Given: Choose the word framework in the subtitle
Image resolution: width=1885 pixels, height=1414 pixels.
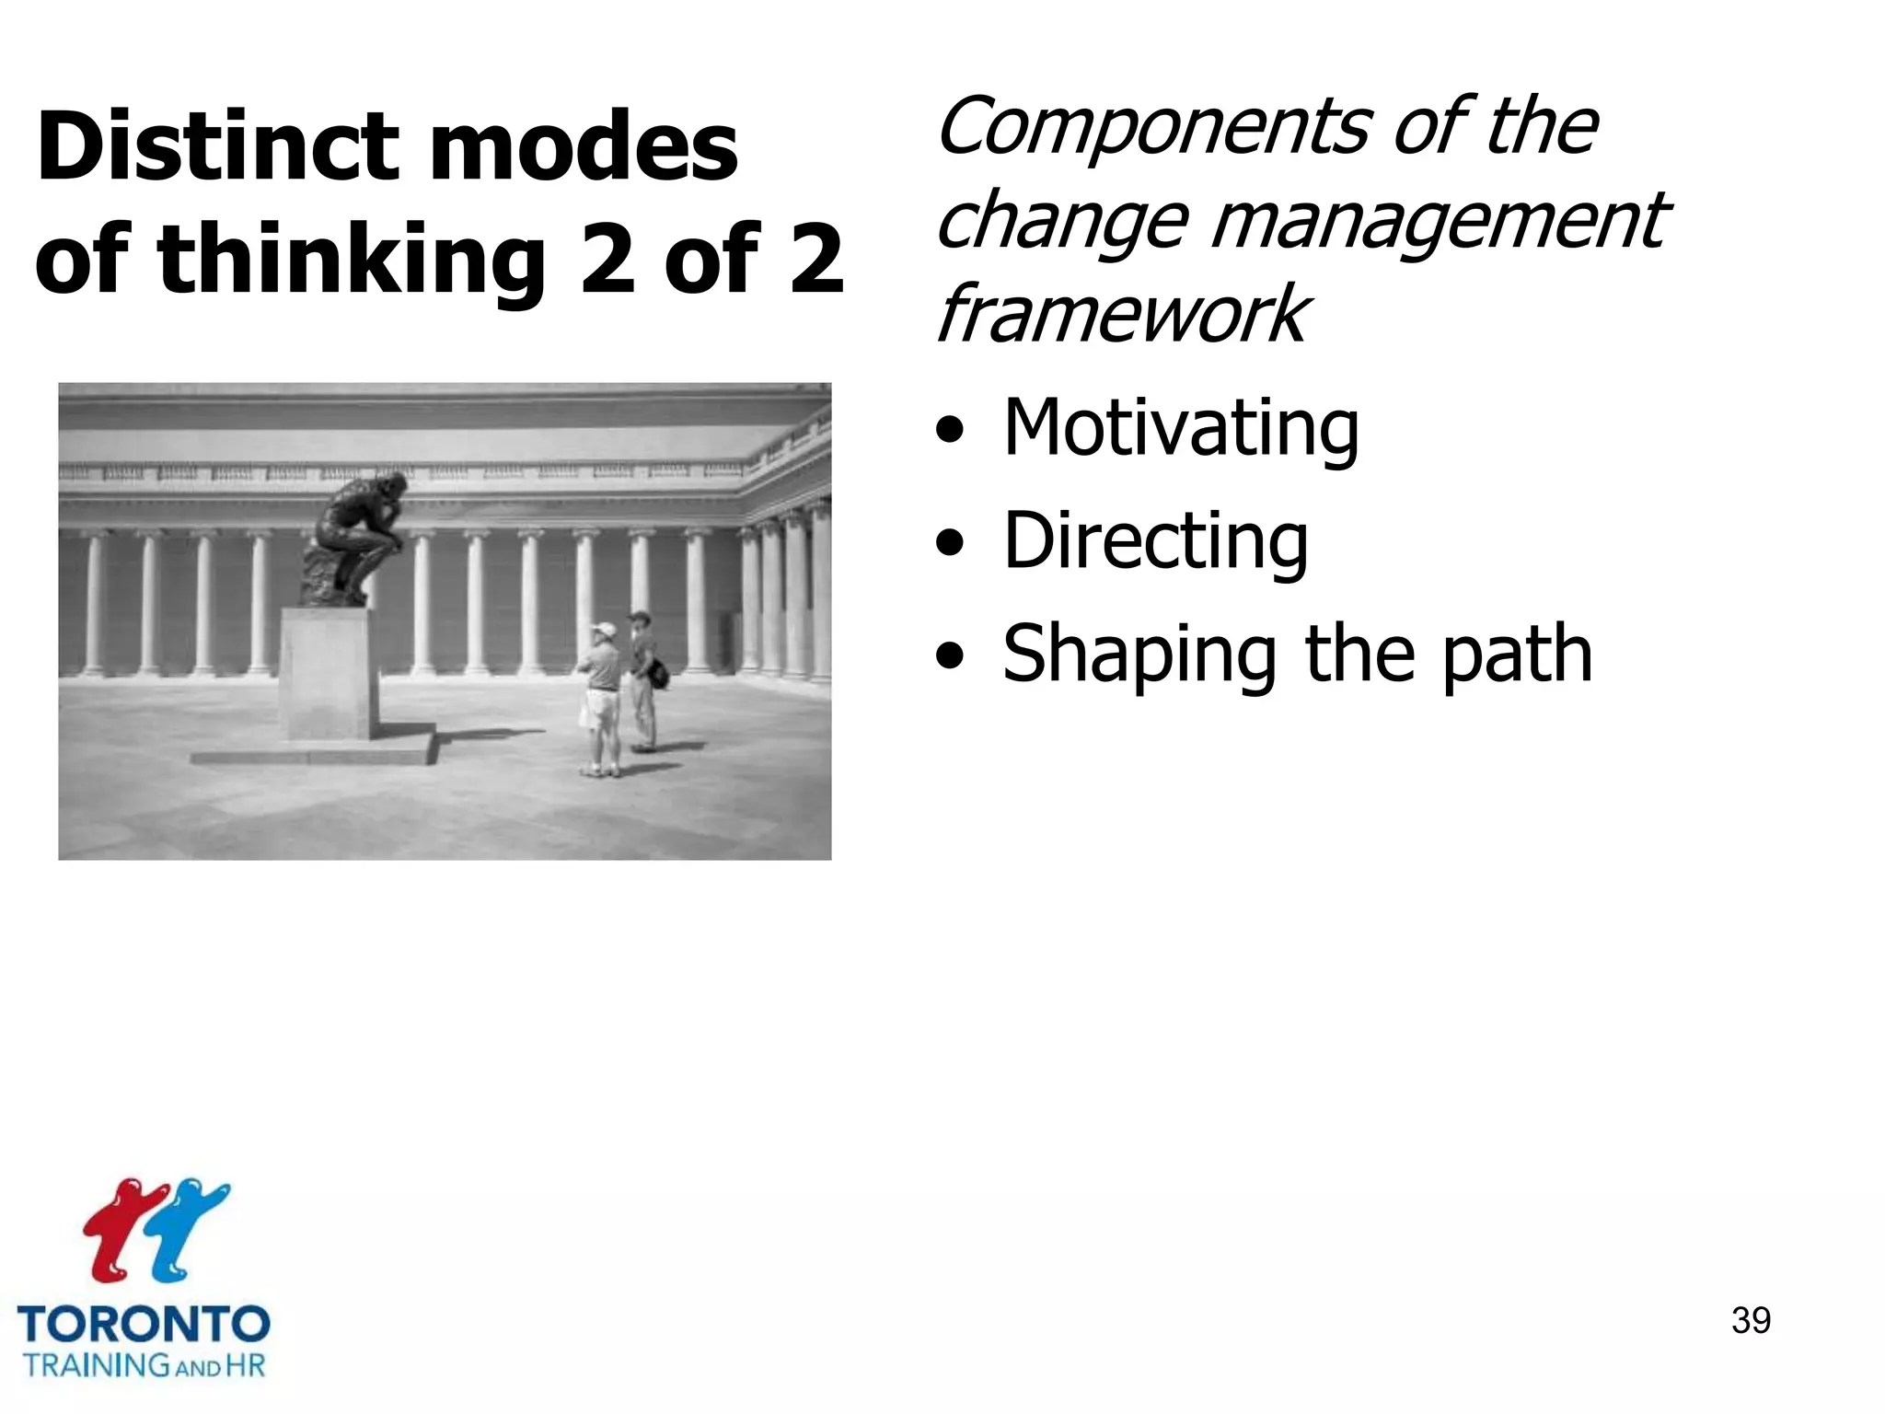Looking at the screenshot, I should coord(1120,314).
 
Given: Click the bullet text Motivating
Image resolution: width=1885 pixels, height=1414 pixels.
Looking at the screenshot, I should coord(1180,428).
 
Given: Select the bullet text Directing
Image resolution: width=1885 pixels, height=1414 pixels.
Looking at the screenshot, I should coord(1155,540).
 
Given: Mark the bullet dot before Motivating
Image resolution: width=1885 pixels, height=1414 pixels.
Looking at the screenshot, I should coord(950,431).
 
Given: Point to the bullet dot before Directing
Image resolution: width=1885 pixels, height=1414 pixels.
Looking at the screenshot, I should coord(950,543).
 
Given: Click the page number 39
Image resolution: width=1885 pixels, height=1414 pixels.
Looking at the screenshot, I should coord(1750,1320).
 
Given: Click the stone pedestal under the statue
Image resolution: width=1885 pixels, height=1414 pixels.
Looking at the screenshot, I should coord(328,673).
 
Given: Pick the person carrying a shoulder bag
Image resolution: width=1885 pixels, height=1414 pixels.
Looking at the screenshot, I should coord(644,677).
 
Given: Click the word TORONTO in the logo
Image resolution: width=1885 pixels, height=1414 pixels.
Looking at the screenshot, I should coord(144,1325).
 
